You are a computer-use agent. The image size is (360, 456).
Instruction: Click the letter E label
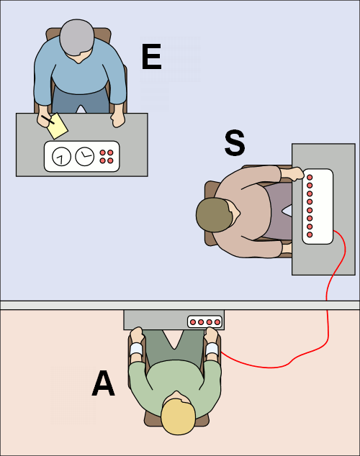pyautogui.click(x=151, y=56)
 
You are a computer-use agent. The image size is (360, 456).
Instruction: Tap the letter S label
pyautogui.click(x=235, y=143)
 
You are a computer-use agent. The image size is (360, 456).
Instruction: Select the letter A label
pyautogui.click(x=103, y=383)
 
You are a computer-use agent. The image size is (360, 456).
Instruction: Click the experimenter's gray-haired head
pyautogui.click(x=77, y=37)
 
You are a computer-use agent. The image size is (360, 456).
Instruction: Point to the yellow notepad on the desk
pyautogui.click(x=58, y=126)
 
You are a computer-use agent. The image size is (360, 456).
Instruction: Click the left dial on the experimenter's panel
pyautogui.click(x=61, y=157)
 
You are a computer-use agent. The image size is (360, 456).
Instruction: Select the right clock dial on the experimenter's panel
pyautogui.click(x=85, y=157)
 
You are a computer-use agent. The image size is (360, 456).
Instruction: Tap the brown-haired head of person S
pyautogui.click(x=215, y=215)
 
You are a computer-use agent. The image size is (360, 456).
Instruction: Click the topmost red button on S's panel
pyautogui.click(x=310, y=177)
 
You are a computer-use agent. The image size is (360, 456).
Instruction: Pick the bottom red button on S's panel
pyautogui.click(x=310, y=234)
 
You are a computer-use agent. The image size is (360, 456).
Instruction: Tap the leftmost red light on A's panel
pyautogui.click(x=193, y=322)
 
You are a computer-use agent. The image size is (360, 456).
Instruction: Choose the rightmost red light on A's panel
pyautogui.click(x=217, y=322)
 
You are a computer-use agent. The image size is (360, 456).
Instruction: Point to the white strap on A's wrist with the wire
pyautogui.click(x=212, y=349)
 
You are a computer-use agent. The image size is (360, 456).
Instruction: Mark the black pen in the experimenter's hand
pyautogui.click(x=48, y=119)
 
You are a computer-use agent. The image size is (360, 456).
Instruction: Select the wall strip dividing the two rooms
pyautogui.click(x=180, y=305)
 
